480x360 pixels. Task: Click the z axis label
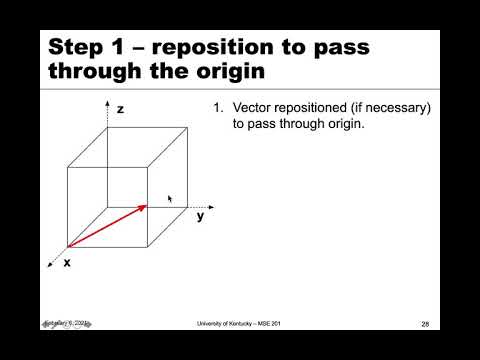120,109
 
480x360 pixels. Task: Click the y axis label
200,215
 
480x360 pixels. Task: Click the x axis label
67,262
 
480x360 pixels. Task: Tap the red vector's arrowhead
144,207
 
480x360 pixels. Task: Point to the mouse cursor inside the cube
170,199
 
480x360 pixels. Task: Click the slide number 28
425,324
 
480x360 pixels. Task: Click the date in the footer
66,323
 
